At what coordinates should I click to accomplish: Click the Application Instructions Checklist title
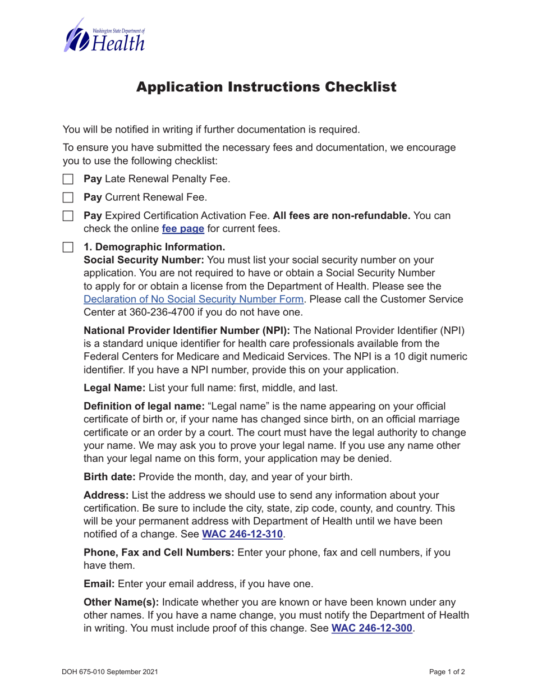coord(266,88)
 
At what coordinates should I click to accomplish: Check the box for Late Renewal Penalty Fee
coord(68,180)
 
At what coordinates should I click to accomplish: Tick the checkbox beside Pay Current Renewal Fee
coord(68,197)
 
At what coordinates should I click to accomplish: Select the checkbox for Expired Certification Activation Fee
coord(68,216)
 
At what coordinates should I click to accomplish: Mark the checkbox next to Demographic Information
coord(68,247)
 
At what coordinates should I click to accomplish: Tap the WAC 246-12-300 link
coord(373,628)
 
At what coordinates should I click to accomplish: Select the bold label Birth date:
coord(110,477)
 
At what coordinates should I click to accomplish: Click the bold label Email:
coord(99,584)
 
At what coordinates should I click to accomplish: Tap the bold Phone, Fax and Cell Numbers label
coord(159,553)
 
